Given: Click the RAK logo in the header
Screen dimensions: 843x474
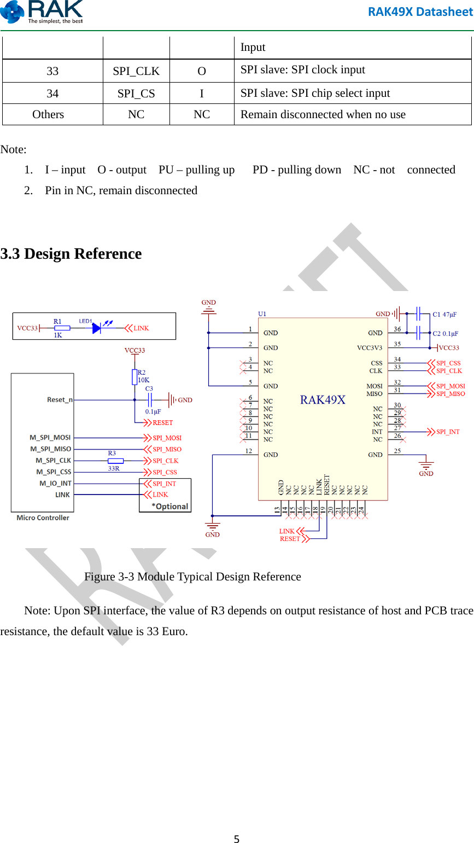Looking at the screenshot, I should pos(42,12).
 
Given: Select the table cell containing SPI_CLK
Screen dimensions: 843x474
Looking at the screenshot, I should pos(136,71).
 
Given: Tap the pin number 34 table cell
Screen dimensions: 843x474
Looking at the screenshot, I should pos(52,94).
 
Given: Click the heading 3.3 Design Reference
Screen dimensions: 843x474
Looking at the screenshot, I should pos(71,254).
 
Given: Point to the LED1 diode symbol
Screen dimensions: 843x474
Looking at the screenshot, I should pos(97,328).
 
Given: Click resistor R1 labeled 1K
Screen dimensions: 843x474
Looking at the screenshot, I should pos(62,328).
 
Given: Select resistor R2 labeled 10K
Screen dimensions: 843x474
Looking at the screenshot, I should pos(134,376).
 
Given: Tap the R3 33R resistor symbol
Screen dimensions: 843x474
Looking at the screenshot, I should pos(115,461).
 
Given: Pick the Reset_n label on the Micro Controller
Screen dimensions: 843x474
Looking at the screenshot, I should pos(60,400).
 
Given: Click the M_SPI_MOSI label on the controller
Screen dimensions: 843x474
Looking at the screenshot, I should pos(50,438).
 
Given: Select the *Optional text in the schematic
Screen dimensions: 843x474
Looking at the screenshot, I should pos(170,507).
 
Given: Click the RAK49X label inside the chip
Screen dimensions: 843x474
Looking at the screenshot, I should pos(323,400).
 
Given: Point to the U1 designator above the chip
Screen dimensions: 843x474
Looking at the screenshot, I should pos(262,314).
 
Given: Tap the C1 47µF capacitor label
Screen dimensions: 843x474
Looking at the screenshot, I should pos(444,315).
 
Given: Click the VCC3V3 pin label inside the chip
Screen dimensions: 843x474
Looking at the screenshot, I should pos(370,348).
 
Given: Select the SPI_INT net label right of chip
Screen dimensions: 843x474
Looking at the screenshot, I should pos(448,432).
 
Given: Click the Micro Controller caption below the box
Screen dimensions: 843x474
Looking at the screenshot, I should pos(43,518).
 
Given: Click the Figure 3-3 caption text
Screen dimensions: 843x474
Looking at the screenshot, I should pos(192,577).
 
